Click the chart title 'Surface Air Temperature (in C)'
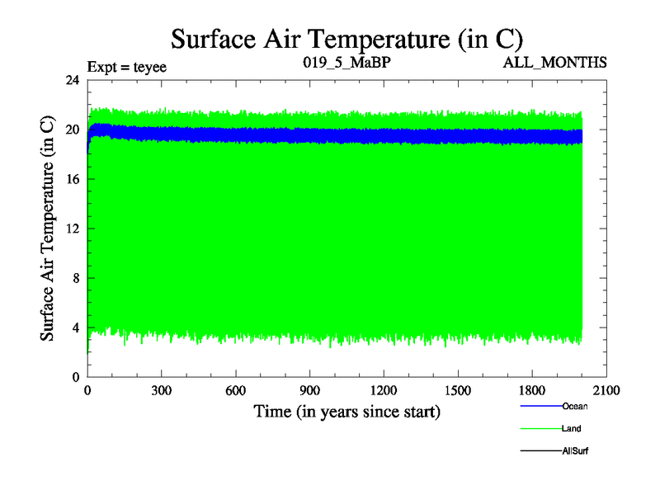point(346,38)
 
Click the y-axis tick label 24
point(73,80)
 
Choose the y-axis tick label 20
point(73,130)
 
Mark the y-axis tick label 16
point(73,179)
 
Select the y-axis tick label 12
point(73,229)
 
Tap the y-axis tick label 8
point(77,278)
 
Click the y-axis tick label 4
point(77,328)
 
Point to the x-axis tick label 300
point(163,391)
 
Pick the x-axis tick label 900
point(310,391)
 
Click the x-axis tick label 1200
point(384,391)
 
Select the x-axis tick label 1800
point(532,391)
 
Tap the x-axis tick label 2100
point(606,391)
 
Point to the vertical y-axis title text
point(49,229)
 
